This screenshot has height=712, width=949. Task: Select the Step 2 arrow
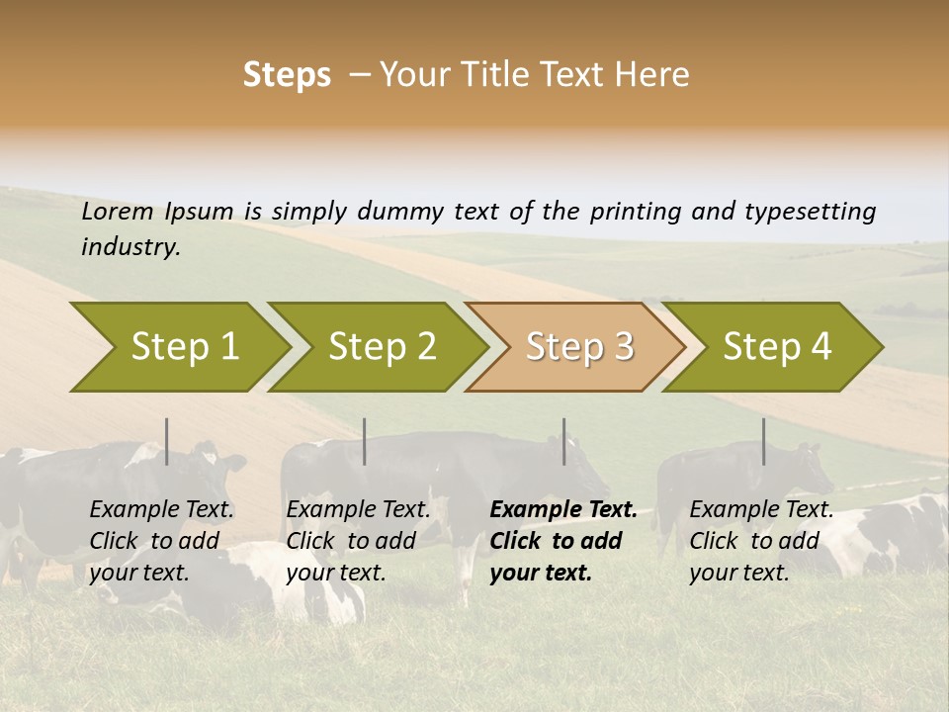(381, 347)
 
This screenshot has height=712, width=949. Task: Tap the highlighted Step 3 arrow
(578, 347)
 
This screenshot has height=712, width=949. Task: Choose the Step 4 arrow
(776, 347)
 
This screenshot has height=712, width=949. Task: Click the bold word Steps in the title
(287, 75)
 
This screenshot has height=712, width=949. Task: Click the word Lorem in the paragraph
(118, 212)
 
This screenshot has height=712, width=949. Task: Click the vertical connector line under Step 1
(167, 441)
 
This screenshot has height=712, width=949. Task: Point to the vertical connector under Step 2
(365, 441)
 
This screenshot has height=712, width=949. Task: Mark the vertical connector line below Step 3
(564, 441)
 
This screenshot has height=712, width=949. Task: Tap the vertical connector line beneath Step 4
(764, 441)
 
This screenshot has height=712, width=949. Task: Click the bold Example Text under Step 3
(563, 510)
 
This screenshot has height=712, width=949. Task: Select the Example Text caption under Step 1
(162, 510)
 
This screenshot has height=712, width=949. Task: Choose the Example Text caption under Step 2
(358, 510)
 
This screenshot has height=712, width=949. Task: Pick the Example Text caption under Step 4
(761, 510)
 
